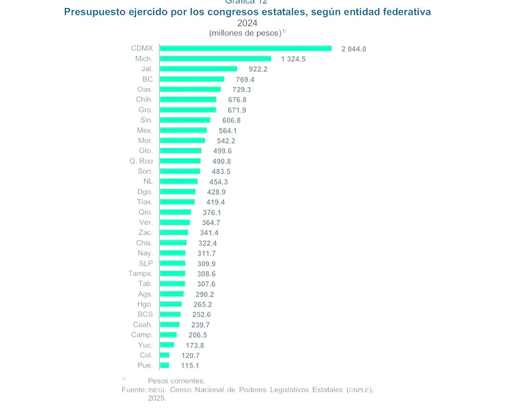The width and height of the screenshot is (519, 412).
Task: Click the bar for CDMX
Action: pyautogui.click(x=245, y=48)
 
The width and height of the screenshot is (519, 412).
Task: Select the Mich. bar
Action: pyautogui.click(x=215, y=59)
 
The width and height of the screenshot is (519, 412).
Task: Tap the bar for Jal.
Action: pyautogui.click(x=198, y=69)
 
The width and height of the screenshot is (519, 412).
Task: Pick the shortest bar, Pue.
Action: pyautogui.click(x=164, y=366)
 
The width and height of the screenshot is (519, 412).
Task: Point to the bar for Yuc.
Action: pyautogui.click(x=167, y=345)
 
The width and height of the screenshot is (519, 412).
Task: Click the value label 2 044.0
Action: pyautogui.click(x=354, y=49)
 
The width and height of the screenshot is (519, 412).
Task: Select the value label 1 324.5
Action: pyautogui.click(x=293, y=59)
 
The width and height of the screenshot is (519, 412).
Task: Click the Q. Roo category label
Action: pyautogui.click(x=141, y=161)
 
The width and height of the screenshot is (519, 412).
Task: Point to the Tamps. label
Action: pyautogui.click(x=141, y=274)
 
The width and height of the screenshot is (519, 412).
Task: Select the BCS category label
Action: pyautogui.click(x=145, y=314)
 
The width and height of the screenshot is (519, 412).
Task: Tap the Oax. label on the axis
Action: pyautogui.click(x=145, y=90)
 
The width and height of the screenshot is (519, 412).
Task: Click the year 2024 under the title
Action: pyautogui.click(x=247, y=23)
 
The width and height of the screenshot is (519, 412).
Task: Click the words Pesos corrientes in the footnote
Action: pyautogui.click(x=176, y=381)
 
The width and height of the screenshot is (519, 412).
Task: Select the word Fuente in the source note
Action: pyautogui.click(x=133, y=390)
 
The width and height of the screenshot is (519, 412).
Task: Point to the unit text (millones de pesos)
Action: pyautogui.click(x=245, y=33)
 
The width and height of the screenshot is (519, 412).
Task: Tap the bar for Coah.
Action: pyautogui.click(x=170, y=325)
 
